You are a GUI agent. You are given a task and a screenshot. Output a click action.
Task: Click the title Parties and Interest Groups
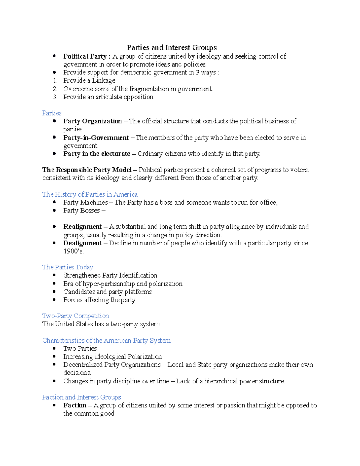pyautogui.click(x=172, y=48)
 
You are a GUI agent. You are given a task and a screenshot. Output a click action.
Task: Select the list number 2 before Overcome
pyautogui.click(x=55, y=89)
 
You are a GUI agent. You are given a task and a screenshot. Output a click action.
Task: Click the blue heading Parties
pyautogui.click(x=52, y=113)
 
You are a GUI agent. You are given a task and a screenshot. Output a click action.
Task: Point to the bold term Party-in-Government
pyautogui.click(x=96, y=138)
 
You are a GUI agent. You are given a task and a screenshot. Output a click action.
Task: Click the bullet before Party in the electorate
pyautogui.click(x=54, y=154)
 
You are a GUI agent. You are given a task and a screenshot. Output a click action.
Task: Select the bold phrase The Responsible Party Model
pyautogui.click(x=87, y=170)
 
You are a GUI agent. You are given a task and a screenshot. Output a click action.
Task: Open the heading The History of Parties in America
pyautogui.click(x=90, y=194)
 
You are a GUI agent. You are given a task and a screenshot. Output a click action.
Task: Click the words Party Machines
pyautogui.click(x=85, y=203)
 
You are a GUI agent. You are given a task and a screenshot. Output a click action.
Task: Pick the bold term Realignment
pyautogui.click(x=82, y=227)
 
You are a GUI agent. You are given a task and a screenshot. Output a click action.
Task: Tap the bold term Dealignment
pyautogui.click(x=82, y=243)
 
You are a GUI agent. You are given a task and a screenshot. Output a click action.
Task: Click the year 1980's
pyautogui.click(x=73, y=251)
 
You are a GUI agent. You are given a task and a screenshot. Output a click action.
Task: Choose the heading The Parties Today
pyautogui.click(x=67, y=267)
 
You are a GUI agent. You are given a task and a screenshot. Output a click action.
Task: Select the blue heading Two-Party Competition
pyautogui.click(x=75, y=316)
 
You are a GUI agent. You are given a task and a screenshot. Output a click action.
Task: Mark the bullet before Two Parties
pyautogui.click(x=54, y=348)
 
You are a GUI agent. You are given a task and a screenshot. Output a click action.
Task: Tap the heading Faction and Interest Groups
pyautogui.click(x=81, y=397)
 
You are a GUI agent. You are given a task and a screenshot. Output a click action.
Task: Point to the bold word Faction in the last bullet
pyautogui.click(x=75, y=405)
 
